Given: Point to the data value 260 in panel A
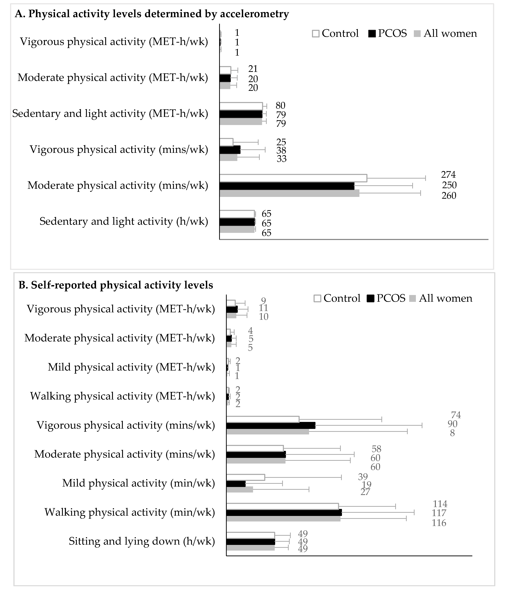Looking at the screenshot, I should pyautogui.click(x=449, y=196).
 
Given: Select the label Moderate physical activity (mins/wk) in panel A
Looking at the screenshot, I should pyautogui.click(x=118, y=185).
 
